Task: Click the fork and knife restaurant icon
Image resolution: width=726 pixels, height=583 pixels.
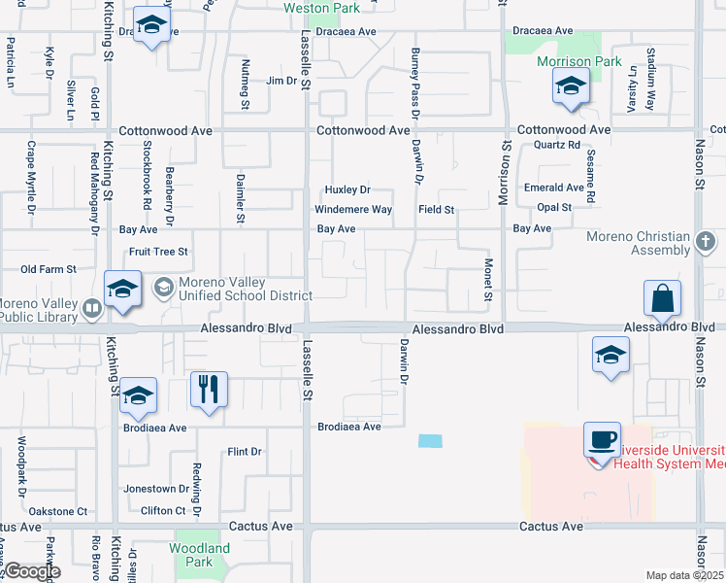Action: pyautogui.click(x=209, y=390)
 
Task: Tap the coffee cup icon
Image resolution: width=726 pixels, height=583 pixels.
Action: pyautogui.click(x=603, y=439)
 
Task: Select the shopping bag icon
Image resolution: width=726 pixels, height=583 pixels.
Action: pyautogui.click(x=662, y=298)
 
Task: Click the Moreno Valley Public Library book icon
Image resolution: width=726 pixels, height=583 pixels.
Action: pyautogui.click(x=92, y=309)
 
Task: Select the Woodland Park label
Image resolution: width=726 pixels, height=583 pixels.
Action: pyautogui.click(x=199, y=555)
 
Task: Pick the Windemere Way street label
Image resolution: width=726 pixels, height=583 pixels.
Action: pyautogui.click(x=353, y=210)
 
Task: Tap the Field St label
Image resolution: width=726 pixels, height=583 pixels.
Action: pyautogui.click(x=437, y=210)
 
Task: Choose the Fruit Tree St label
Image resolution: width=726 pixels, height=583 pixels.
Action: pyautogui.click(x=158, y=252)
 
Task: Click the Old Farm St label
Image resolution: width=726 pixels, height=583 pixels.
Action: pyautogui.click(x=49, y=269)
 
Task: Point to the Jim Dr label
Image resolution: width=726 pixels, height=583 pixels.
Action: pyautogui.click(x=281, y=81)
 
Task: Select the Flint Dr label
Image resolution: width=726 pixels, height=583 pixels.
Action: pyautogui.click(x=245, y=452)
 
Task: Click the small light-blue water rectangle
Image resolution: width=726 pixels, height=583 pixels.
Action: pyautogui.click(x=430, y=440)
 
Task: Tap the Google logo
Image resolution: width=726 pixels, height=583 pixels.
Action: pyautogui.click(x=32, y=571)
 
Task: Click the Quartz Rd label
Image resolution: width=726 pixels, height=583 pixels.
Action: pyautogui.click(x=557, y=145)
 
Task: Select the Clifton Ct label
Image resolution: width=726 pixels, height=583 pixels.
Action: pyautogui.click(x=163, y=510)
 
